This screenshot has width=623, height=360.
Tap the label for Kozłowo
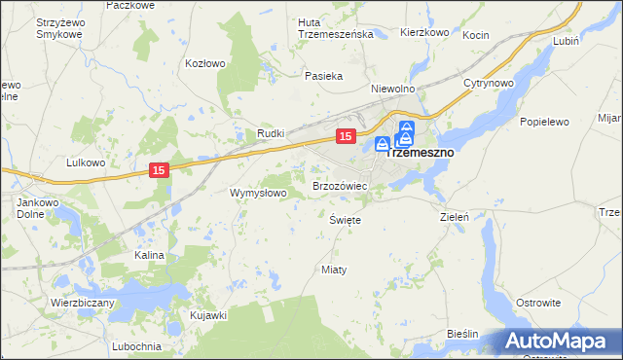tap(205, 63)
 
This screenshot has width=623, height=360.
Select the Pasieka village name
tap(323, 76)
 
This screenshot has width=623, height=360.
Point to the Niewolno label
tap(393, 88)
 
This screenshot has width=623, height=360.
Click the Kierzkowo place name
tap(423, 32)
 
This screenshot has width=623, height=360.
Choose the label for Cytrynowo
tap(488, 83)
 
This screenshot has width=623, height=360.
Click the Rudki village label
tap(270, 132)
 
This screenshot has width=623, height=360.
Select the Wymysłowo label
tap(257, 193)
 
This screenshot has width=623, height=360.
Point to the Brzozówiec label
tap(339, 185)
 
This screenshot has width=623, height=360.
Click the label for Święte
tap(346, 220)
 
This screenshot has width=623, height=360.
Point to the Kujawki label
tap(208, 315)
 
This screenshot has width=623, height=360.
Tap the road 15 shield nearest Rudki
tap(345, 136)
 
